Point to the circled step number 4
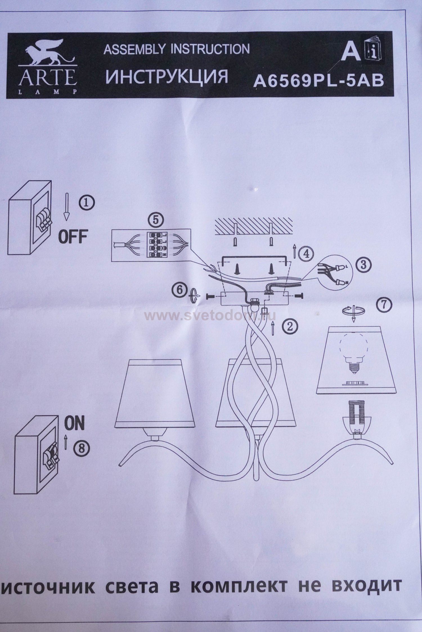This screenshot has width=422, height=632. pyautogui.click(x=304, y=254)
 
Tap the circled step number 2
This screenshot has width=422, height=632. pyautogui.click(x=289, y=326)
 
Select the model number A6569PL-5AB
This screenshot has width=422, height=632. pyautogui.click(x=318, y=81)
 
